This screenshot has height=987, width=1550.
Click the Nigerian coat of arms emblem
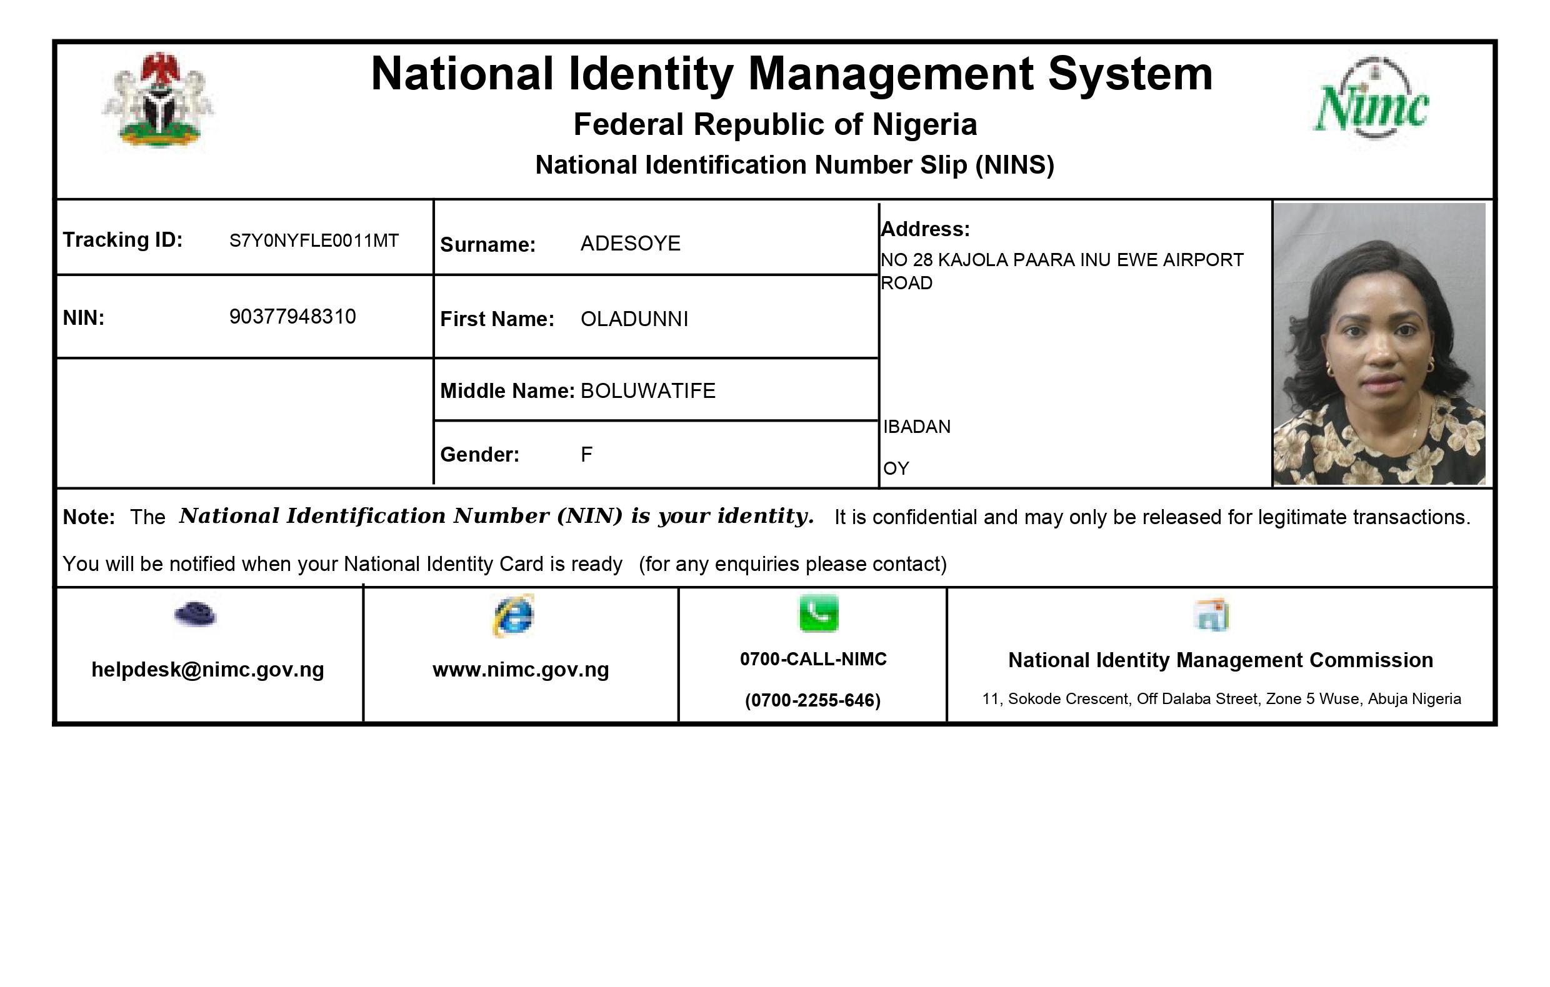[x=158, y=101]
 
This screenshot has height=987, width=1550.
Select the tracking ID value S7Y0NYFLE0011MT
[x=314, y=241]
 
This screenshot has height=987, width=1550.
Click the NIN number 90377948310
[x=292, y=317]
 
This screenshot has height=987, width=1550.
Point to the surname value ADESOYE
[x=630, y=244]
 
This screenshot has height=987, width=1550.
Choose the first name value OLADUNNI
[x=634, y=319]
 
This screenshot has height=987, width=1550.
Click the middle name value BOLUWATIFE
[x=647, y=391]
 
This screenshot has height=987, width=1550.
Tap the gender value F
[x=586, y=455]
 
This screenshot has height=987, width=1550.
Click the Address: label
[x=925, y=229]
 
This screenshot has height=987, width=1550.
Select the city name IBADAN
[x=917, y=427]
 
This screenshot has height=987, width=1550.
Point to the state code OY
[x=896, y=469]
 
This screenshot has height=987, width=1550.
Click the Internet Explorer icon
[x=514, y=616]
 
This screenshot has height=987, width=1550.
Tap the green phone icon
[x=819, y=613]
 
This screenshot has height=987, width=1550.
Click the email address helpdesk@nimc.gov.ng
[x=208, y=670]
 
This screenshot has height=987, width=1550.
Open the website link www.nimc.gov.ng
[x=521, y=670]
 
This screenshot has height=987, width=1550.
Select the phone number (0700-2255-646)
[x=813, y=700]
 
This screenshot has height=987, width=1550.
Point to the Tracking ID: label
[x=122, y=240]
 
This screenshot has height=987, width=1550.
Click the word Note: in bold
[x=89, y=517]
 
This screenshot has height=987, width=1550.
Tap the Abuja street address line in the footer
[x=1221, y=699]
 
